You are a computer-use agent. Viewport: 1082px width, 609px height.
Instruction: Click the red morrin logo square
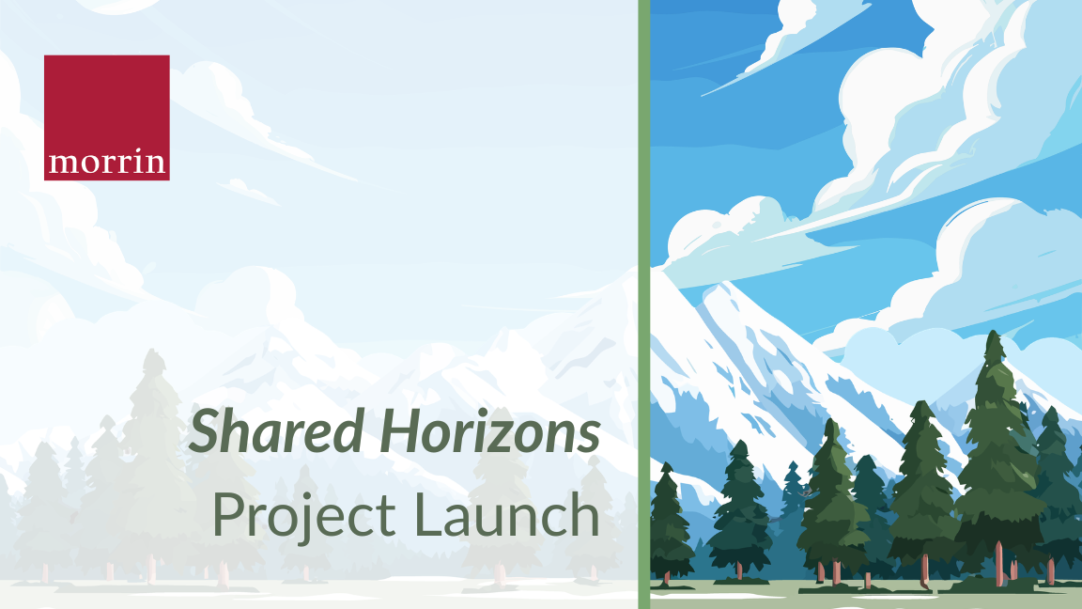coord(106,117)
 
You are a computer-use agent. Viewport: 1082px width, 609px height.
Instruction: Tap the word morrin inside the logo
coord(106,164)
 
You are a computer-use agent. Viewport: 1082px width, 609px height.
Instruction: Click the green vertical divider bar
coord(643,304)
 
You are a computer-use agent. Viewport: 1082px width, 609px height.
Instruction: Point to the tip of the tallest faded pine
coord(156,352)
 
